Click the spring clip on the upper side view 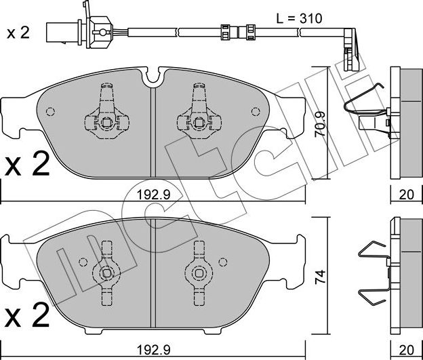(x=367, y=113)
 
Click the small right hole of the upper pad (x=255, y=112)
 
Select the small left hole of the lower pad (x=83, y=262)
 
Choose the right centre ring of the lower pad (x=199, y=273)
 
